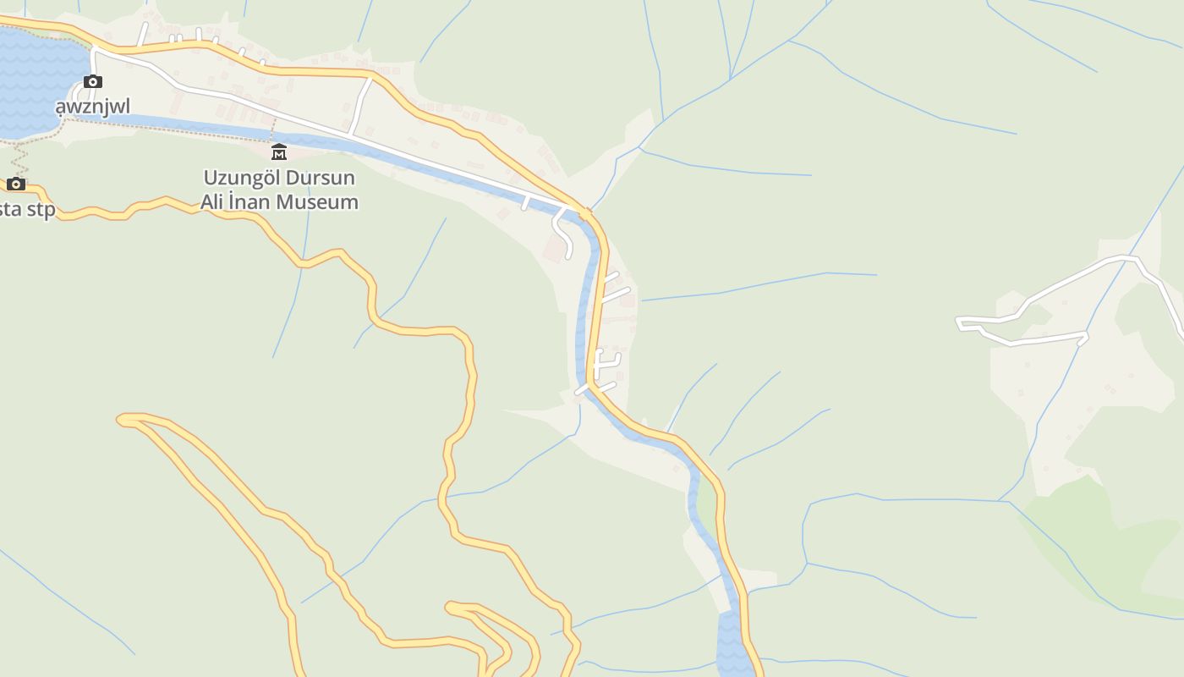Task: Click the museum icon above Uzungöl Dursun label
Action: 279,152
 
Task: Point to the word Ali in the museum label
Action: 211,202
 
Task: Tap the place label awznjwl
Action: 93,106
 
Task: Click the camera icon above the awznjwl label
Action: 93,82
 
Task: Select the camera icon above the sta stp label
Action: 16,184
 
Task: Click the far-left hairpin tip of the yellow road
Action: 123,419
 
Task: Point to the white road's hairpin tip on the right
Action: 961,321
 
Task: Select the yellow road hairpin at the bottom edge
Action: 452,607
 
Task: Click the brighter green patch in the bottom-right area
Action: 1099,542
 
